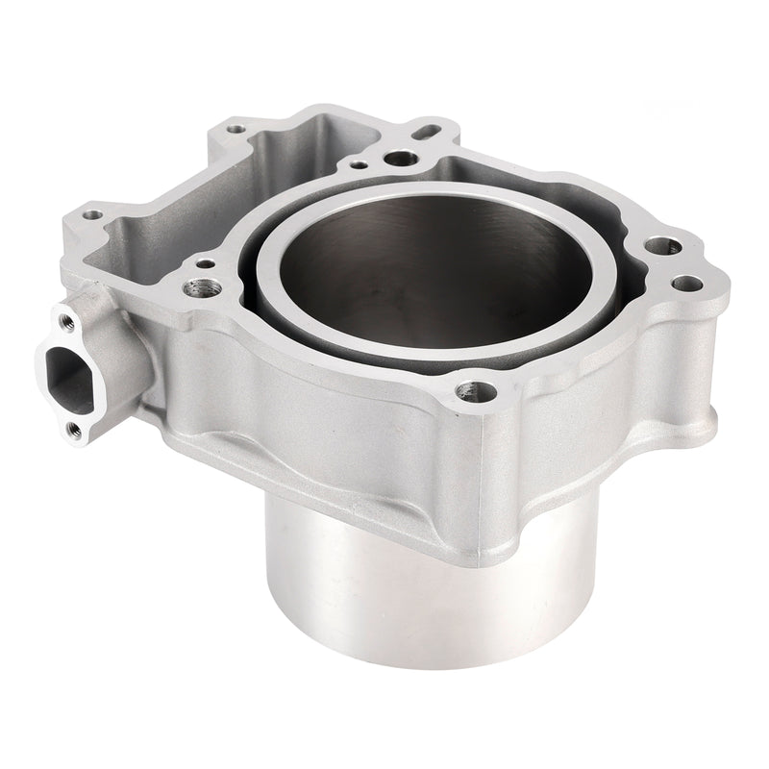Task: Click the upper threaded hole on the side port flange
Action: coord(66,318)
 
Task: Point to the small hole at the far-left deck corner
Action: coord(92,214)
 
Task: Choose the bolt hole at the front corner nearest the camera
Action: coord(471,390)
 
